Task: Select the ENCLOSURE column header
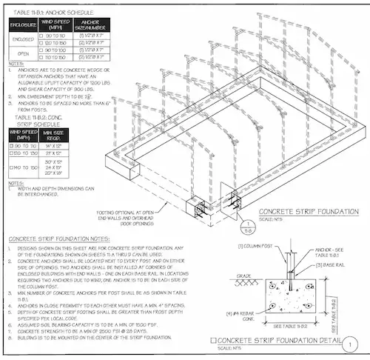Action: tap(22, 26)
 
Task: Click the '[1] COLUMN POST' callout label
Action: tap(255, 244)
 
